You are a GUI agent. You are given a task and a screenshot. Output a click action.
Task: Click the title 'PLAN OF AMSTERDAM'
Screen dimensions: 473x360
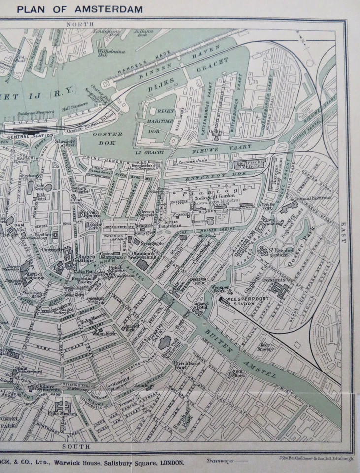[79, 9]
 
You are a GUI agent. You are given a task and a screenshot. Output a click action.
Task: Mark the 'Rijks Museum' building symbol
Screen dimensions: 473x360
[63, 406]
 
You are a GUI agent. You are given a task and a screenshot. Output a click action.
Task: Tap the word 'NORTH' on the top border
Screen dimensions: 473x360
[80, 24]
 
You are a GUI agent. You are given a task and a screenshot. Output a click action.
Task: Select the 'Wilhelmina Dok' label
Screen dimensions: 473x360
[112, 53]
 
